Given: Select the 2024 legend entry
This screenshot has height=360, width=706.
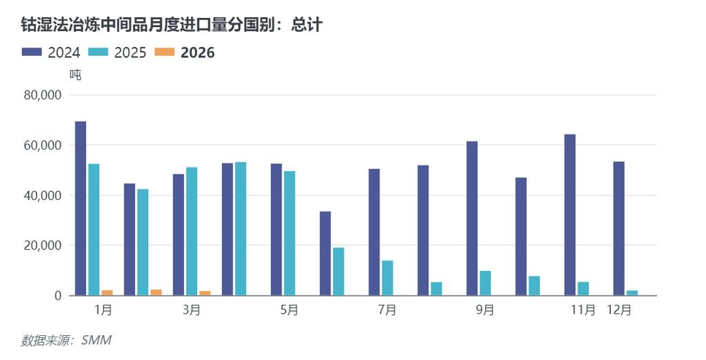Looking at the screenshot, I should tap(52, 52).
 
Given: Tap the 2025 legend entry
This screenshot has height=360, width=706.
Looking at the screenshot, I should tap(117, 52).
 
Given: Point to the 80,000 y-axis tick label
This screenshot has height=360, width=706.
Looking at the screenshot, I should tap(43, 95).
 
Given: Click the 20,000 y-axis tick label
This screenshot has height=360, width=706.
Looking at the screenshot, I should tap(43, 246).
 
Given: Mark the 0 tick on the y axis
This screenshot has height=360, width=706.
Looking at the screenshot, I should tap(59, 296).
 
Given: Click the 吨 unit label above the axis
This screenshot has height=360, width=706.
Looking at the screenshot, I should tap(75, 74).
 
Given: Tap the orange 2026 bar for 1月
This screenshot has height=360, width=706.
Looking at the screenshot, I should tap(107, 293).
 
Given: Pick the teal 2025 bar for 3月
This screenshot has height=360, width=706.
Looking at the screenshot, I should tap(192, 231).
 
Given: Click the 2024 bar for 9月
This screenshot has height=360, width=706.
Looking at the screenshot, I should tap(472, 218).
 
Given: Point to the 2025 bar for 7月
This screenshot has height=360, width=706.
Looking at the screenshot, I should tap(387, 278).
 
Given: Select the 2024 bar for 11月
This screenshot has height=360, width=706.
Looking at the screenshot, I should tap(569, 214).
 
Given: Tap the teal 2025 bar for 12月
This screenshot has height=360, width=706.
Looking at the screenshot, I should tap(632, 293).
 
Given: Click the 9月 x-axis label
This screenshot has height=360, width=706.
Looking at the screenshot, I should tap(485, 310).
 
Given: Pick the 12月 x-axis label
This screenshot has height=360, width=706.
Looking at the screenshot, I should tap(618, 310).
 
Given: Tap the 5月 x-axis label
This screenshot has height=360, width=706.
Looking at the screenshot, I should tap(290, 310).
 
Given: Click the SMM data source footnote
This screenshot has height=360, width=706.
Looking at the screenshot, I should tap(65, 340).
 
